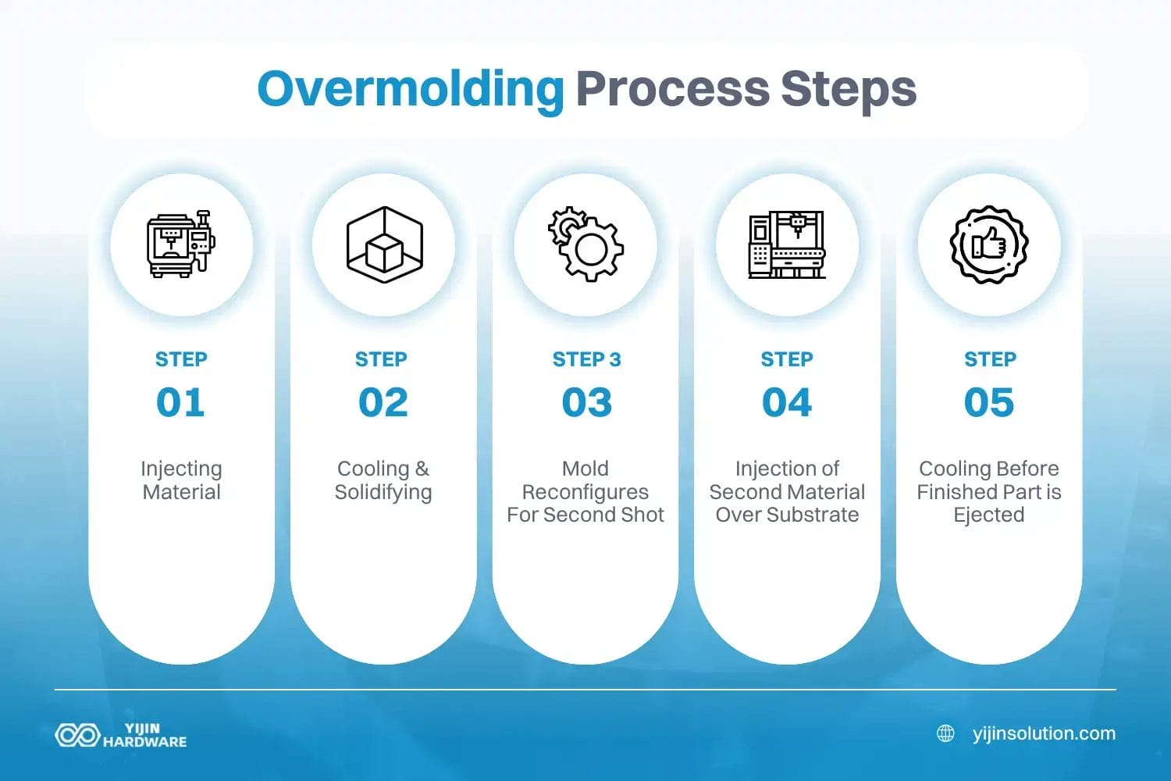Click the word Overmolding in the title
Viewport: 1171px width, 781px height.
tap(411, 90)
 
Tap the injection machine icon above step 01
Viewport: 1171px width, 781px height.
tap(181, 244)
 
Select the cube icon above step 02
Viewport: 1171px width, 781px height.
tap(384, 244)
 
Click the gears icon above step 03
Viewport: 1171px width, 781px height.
tap(586, 244)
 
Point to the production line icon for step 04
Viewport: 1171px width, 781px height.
tap(787, 244)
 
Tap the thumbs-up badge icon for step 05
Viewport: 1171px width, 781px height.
tap(989, 244)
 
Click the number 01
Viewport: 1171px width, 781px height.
tap(180, 403)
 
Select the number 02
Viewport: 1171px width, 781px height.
tap(383, 403)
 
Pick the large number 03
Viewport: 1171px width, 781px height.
tap(586, 403)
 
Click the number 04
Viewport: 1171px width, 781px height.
tap(787, 403)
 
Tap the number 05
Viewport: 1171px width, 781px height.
tap(989, 403)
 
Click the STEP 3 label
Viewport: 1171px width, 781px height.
tap(586, 359)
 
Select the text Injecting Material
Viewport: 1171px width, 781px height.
tap(181, 480)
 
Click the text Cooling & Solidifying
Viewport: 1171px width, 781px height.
tap(383, 480)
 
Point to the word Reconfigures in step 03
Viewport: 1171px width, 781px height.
tap(585, 492)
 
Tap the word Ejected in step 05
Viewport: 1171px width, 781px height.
tap(989, 515)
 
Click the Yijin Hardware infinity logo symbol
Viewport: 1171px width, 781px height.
tap(77, 735)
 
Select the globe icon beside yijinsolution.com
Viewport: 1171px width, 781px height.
tap(945, 734)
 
